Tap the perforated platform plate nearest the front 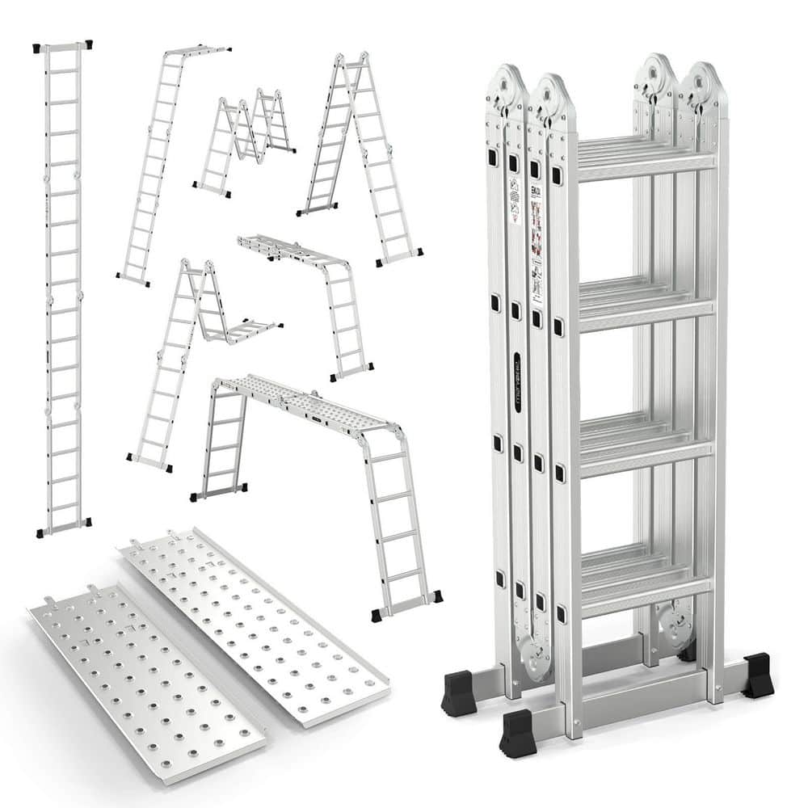tap(145, 679)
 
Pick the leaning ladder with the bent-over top tap(166, 162)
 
